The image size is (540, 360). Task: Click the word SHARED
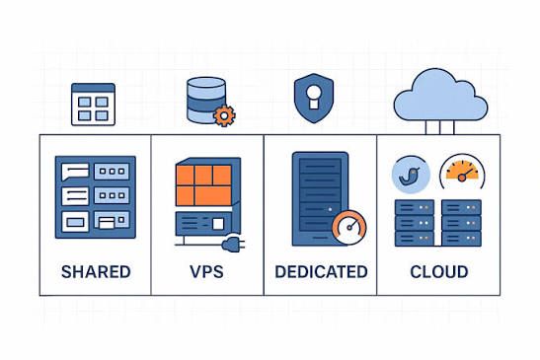(x=95, y=271)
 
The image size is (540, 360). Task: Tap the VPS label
(x=206, y=271)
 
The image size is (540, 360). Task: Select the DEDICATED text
(x=320, y=271)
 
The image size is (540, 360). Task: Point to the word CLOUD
(x=438, y=271)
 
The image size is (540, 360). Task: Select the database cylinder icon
(x=206, y=100)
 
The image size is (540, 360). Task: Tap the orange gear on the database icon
(x=225, y=115)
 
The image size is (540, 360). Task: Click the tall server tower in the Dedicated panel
(x=318, y=198)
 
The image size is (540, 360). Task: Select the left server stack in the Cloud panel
(x=415, y=222)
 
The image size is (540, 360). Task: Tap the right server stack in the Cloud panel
(x=461, y=222)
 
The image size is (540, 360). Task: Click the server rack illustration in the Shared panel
(x=95, y=197)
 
